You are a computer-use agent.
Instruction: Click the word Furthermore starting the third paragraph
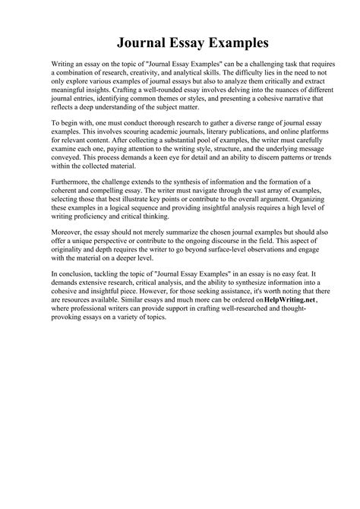click(x=73, y=183)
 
